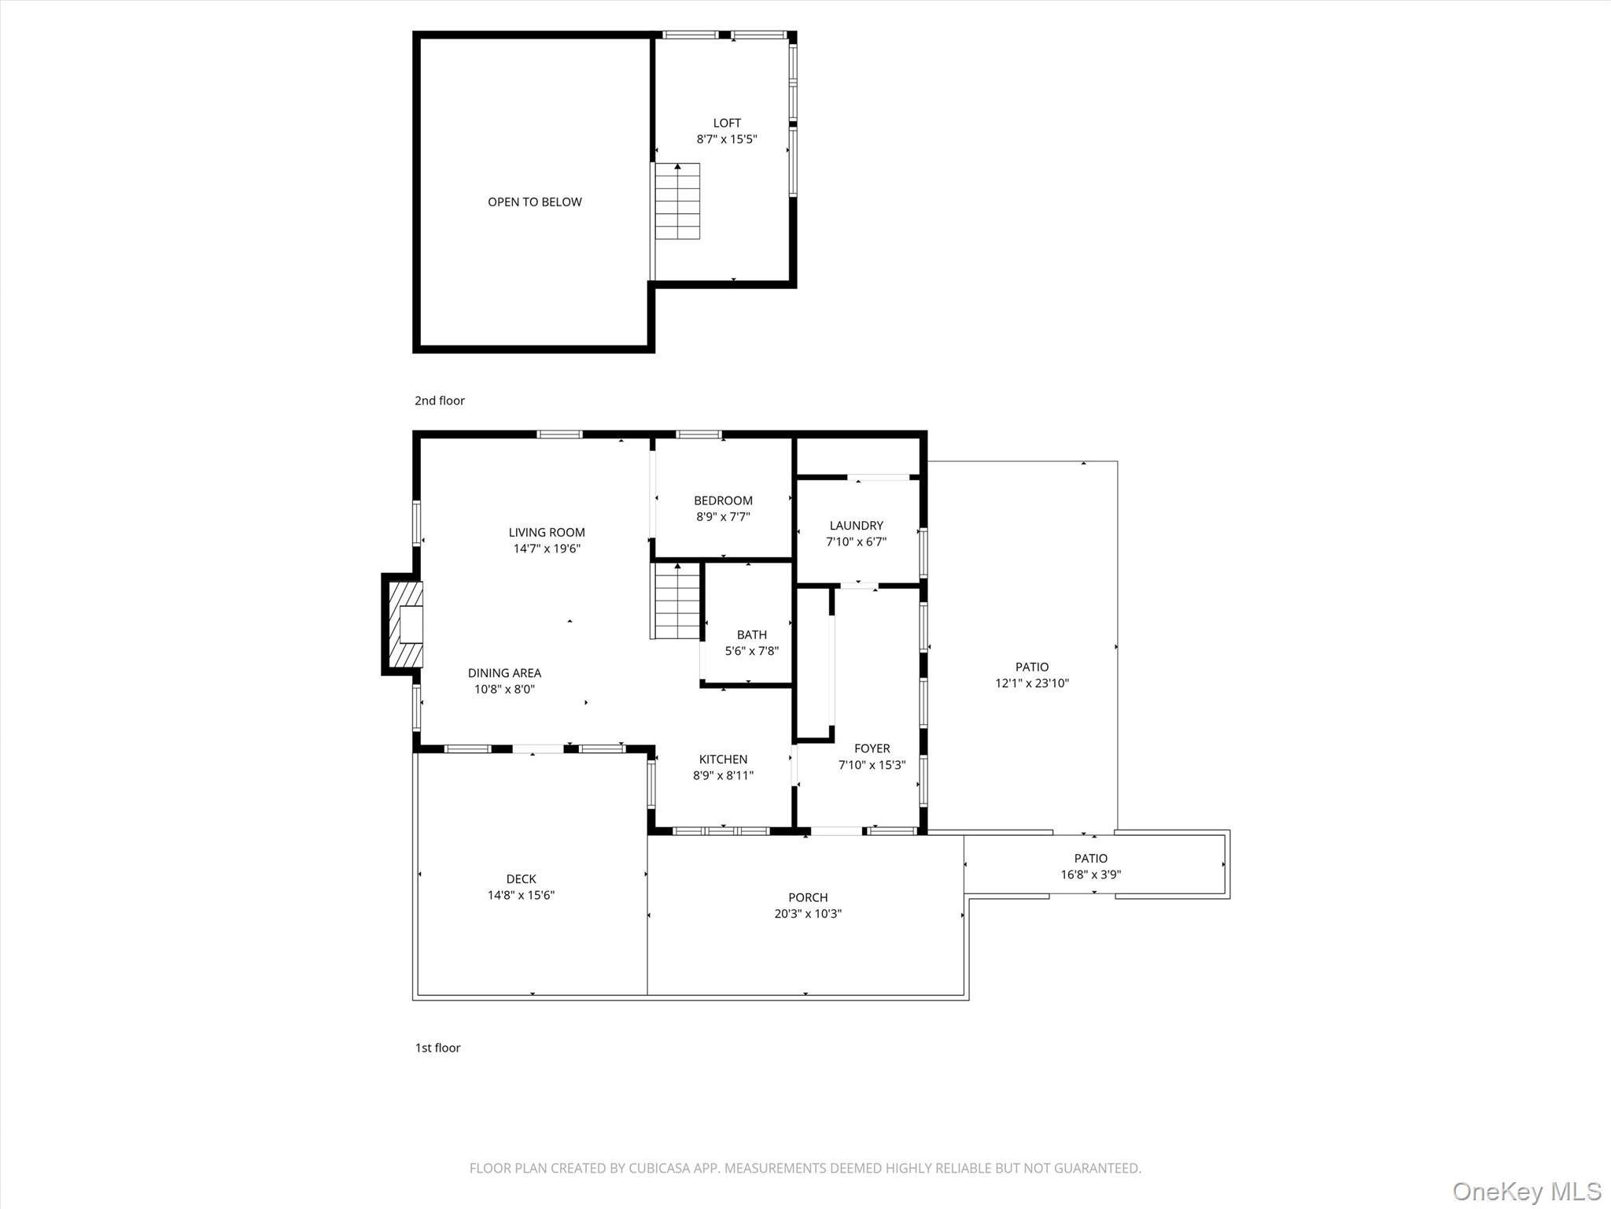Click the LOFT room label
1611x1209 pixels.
726,123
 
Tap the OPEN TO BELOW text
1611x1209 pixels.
535,202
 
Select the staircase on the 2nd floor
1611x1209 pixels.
677,201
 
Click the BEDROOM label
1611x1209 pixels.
723,501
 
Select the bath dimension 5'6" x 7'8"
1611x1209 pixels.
751,651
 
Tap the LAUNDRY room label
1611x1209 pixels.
856,526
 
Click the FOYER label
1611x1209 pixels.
872,749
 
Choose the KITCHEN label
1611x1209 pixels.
723,760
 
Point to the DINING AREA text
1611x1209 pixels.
504,673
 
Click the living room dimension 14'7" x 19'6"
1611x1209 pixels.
547,549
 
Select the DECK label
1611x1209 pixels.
521,879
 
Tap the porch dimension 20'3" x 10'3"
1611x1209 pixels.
808,914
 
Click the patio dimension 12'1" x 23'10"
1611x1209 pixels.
1031,683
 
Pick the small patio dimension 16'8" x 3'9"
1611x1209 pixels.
1090,874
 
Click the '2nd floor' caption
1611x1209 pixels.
440,401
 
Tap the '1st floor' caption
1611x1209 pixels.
437,1048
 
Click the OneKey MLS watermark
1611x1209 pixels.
1526,1191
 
